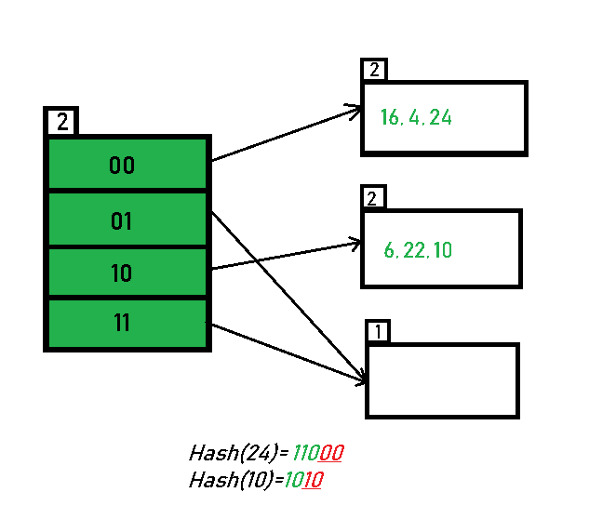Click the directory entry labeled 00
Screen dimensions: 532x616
click(x=122, y=166)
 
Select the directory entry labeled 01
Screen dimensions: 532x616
click(x=122, y=221)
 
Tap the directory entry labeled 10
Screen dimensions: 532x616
click(x=122, y=273)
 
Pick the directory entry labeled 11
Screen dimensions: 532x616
click(x=122, y=324)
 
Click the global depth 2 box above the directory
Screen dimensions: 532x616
click(x=62, y=122)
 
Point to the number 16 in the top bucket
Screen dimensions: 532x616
click(x=390, y=117)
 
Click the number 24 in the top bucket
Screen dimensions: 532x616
click(x=441, y=117)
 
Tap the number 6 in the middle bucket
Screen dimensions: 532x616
click(x=389, y=250)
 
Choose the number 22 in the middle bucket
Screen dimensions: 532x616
click(x=412, y=250)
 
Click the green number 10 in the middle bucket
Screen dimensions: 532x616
click(x=442, y=250)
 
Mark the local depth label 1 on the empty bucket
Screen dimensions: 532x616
click(x=378, y=332)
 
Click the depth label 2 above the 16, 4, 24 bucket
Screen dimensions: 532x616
click(x=374, y=70)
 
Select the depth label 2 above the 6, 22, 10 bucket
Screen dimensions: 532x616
click(x=373, y=198)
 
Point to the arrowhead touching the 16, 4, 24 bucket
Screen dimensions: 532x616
click(x=355, y=111)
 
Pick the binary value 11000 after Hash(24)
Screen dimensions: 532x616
click(x=318, y=454)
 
